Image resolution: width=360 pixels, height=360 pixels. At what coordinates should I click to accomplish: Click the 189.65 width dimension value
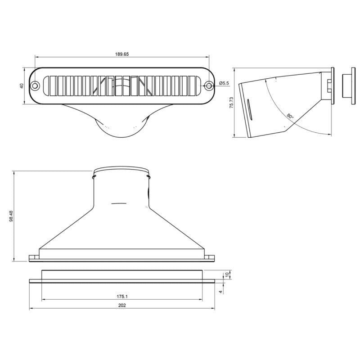[x=122, y=54]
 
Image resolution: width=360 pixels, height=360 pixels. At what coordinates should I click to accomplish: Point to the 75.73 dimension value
[x=231, y=103]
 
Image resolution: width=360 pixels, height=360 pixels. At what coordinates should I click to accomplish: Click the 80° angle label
[x=290, y=117]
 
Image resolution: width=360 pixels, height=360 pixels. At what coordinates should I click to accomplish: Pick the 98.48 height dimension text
[x=11, y=216]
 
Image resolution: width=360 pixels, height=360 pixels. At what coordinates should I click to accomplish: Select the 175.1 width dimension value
[x=122, y=297]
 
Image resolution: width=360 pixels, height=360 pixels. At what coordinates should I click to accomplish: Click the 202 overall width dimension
[x=122, y=306]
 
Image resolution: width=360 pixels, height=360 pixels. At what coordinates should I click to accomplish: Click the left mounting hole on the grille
[x=35, y=85]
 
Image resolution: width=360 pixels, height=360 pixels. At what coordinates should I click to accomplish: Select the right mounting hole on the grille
[x=209, y=85]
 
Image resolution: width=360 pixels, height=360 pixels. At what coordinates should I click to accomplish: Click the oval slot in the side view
[x=249, y=110]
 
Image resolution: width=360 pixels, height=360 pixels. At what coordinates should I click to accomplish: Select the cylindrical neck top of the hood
[x=121, y=171]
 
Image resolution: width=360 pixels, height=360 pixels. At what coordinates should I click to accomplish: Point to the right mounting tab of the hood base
[x=211, y=258]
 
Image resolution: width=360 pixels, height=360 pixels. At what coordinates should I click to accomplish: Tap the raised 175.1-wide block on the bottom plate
[x=122, y=274]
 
